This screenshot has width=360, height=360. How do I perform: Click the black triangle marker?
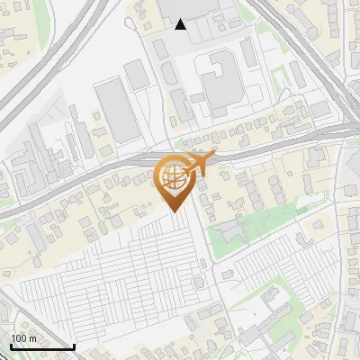pyautogui.click(x=181, y=24)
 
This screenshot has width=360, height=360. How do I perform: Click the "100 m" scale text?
pyautogui.click(x=24, y=338)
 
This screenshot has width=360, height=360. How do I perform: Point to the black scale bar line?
pyautogui.click(x=42, y=347)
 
